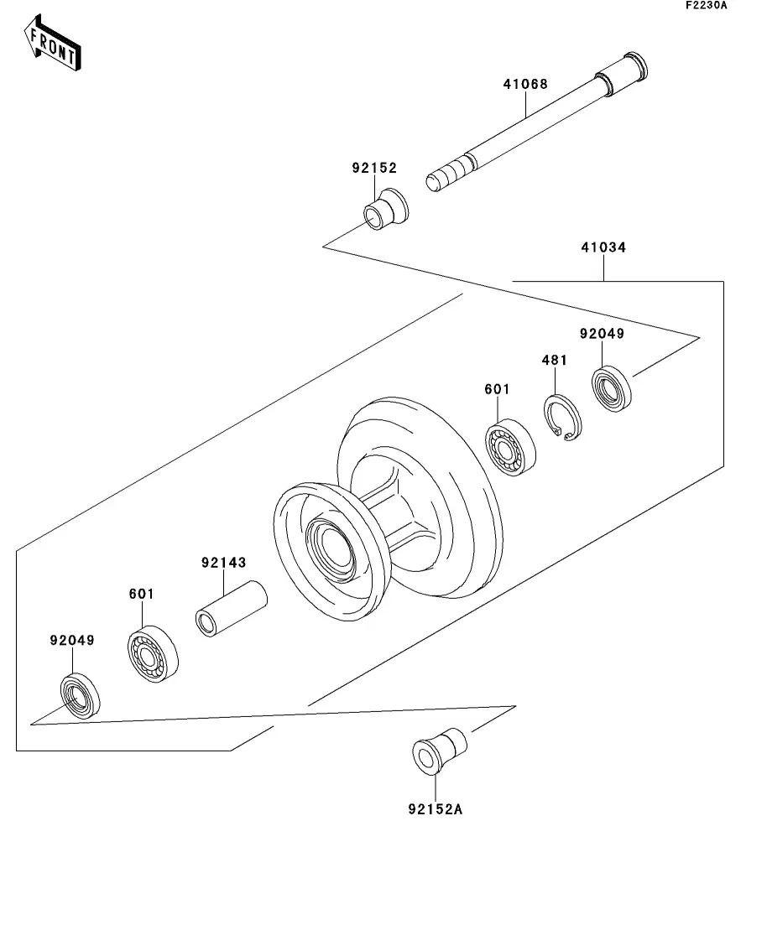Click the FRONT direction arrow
pos(52,43)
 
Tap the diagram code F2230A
pos(707,5)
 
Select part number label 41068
pos(525,85)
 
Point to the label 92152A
pos(436,809)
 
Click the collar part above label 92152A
pos(439,751)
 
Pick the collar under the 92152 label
pos(385,209)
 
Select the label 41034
pos(603,247)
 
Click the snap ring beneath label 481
pos(563,418)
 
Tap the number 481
pos(555,360)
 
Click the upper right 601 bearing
pos(511,448)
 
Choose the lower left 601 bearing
pos(153,654)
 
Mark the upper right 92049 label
pos(602,334)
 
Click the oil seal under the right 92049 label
pos(612,389)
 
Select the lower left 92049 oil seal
pos(81,695)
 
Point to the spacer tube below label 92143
pos(232,609)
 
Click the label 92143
pos(224,563)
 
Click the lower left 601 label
pos(142,594)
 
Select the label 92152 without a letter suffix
pos(374,168)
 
